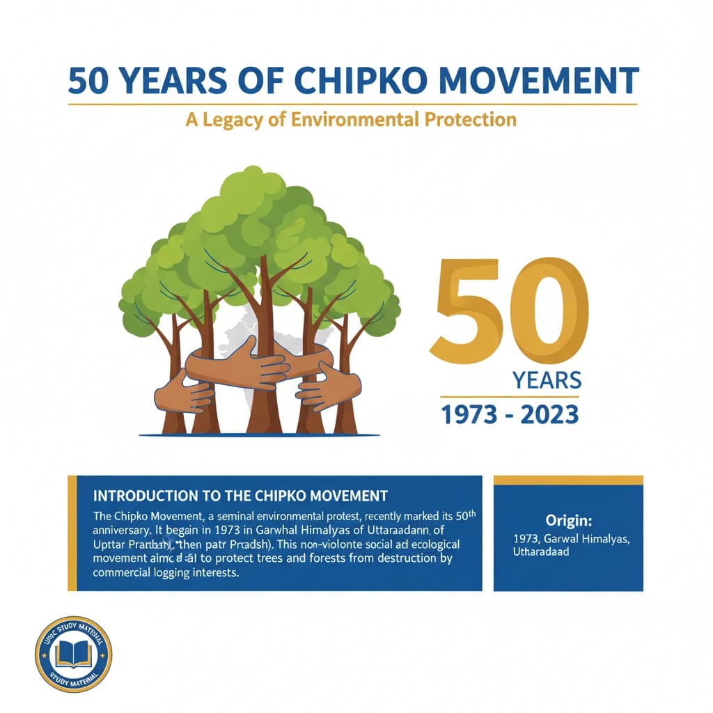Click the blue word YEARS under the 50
[547, 381]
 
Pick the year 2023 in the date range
[548, 415]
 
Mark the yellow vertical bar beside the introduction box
[72, 533]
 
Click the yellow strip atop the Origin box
[568, 480]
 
